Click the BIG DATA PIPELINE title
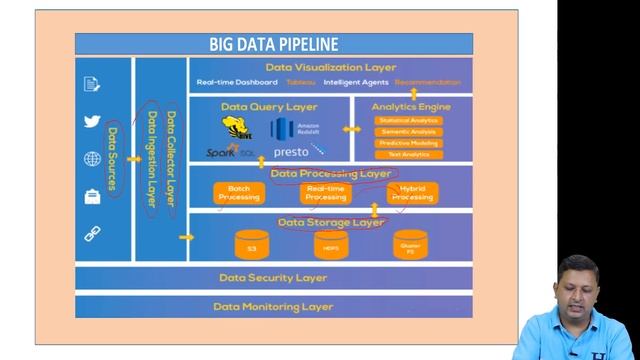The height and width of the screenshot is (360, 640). [x=273, y=44]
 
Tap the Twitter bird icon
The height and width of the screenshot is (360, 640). [x=93, y=121]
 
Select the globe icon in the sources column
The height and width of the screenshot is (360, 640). [x=93, y=159]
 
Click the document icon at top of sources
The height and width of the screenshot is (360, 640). [x=93, y=84]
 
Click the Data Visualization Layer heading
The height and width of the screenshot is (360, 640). [x=330, y=67]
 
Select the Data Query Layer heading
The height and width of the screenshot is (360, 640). [x=269, y=106]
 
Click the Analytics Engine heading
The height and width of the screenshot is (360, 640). [x=411, y=106]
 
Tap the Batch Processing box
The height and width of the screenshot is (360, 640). [x=239, y=193]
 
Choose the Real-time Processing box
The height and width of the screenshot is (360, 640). [x=326, y=193]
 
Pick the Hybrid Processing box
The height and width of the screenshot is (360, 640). [x=412, y=193]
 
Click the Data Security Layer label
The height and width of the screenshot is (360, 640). [x=273, y=278]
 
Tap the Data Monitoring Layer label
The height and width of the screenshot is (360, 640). [x=273, y=307]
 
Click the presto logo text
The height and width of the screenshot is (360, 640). [x=291, y=152]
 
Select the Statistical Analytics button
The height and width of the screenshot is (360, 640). [x=408, y=121]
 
